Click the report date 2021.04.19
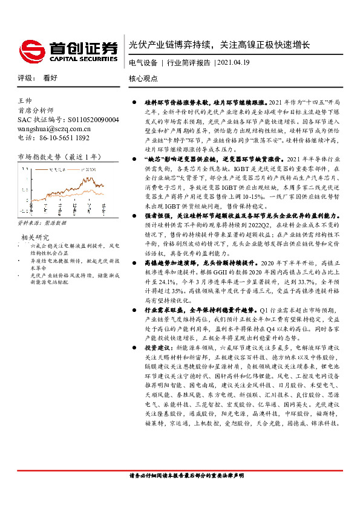(233, 63)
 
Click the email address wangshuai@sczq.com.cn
(54, 129)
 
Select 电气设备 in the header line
(143, 63)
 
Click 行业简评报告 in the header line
(188, 63)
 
